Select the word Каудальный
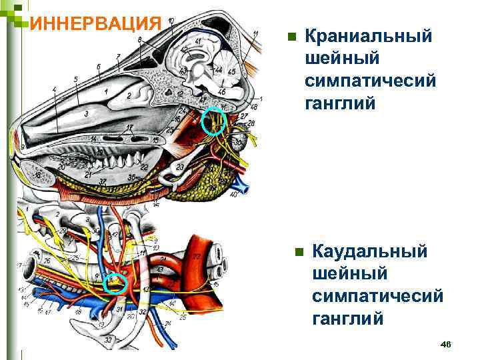(369, 253)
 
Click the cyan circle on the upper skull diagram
(214, 121)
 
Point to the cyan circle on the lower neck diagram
(117, 283)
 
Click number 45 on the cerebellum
(231, 71)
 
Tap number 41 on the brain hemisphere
(199, 41)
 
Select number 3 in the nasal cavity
(87, 115)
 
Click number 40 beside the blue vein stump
(233, 195)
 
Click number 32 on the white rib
(143, 312)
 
